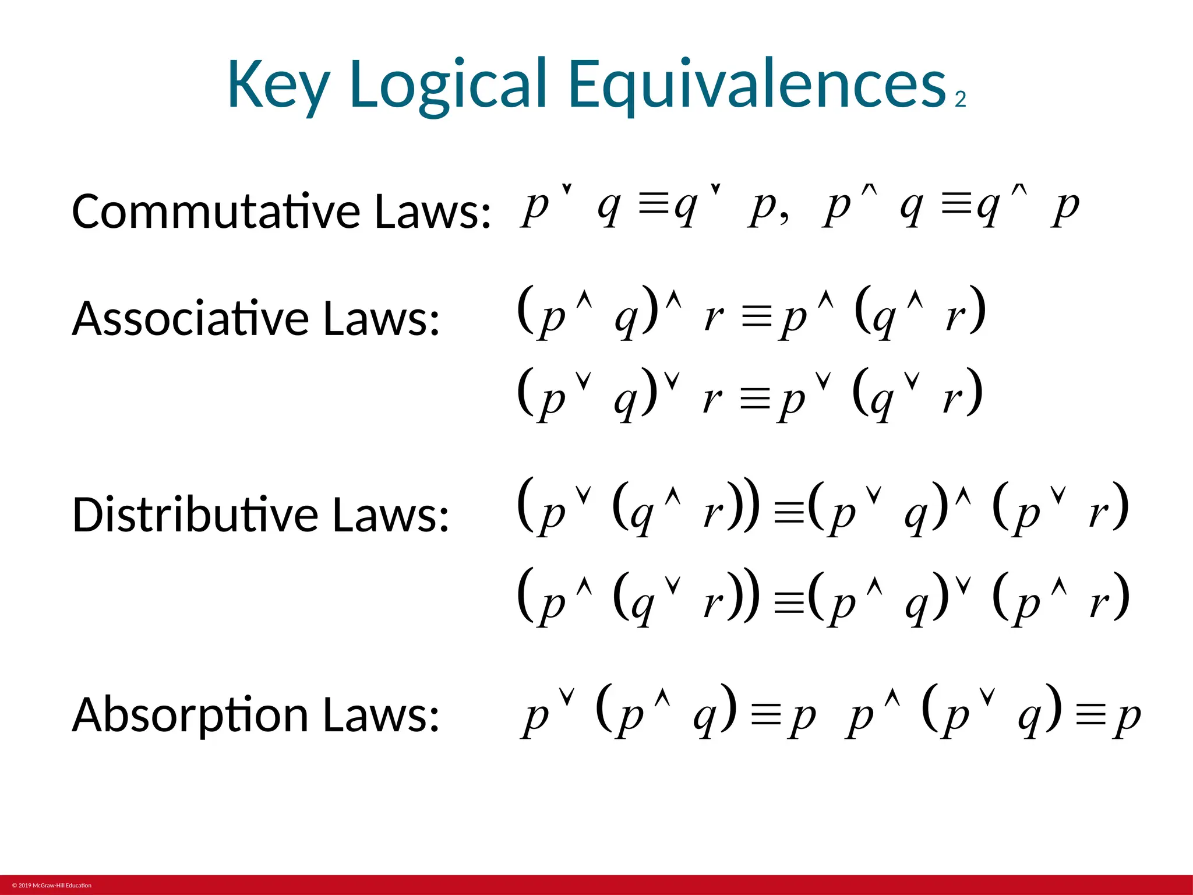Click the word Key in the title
tap(278, 85)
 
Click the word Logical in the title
tap(449, 85)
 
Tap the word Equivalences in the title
tap(757, 85)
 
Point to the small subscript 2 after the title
tap(961, 100)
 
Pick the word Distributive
tap(195, 515)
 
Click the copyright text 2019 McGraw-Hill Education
tap(52, 886)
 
